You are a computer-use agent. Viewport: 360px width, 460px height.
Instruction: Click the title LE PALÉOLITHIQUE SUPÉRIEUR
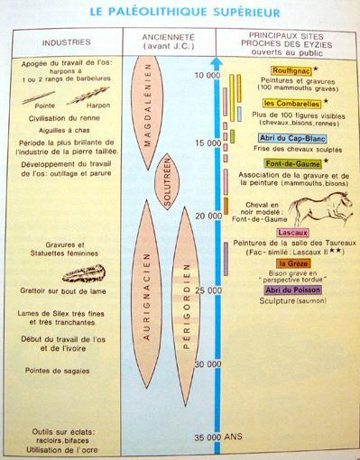pyautogui.click(x=178, y=13)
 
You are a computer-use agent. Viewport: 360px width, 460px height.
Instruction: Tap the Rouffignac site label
pyautogui.click(x=291, y=70)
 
